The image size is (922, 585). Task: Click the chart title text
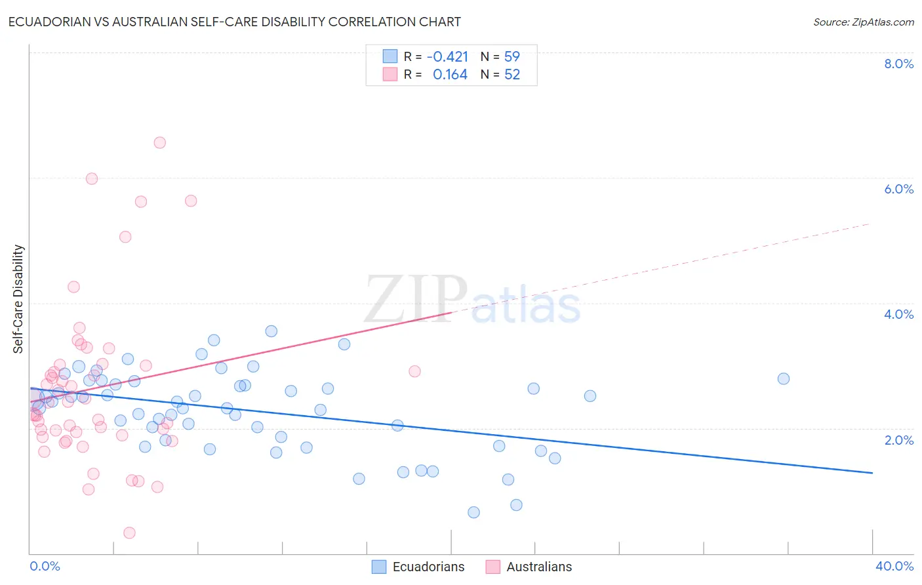pos(235,22)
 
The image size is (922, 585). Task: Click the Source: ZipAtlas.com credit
pos(863,22)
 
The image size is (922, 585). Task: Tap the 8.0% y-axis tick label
pos(898,64)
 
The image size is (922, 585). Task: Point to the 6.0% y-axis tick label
pos(898,189)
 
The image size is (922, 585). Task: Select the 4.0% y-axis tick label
pos(898,314)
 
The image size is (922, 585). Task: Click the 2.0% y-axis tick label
pos(898,440)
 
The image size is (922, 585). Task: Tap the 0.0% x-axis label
pos(45,566)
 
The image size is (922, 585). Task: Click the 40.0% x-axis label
pos(894,566)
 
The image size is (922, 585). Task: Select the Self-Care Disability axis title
pos(18,299)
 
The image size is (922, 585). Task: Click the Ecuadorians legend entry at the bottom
pos(428,567)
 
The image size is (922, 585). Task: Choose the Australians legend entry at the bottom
pos(538,567)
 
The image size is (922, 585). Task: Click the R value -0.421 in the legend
pos(447,57)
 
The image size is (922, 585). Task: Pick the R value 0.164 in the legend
pos(450,75)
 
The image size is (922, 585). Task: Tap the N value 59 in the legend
pos(512,57)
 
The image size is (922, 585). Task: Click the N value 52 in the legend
pos(512,75)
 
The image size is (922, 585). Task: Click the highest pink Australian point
pos(159,143)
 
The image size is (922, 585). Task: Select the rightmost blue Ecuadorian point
pos(783,378)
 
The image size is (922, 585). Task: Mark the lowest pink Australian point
pos(129,533)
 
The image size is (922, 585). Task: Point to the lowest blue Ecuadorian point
pos(473,512)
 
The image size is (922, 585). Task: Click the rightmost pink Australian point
pos(414,371)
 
